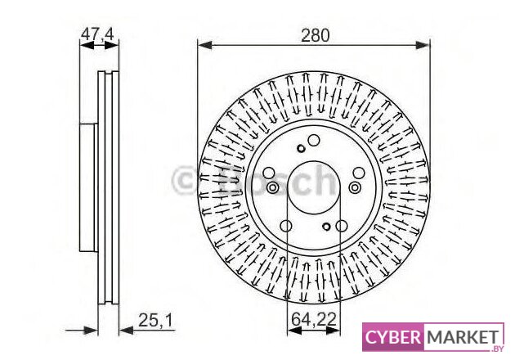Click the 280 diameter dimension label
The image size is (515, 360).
pyautogui.click(x=315, y=35)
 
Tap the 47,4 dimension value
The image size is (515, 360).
pyautogui.click(x=97, y=34)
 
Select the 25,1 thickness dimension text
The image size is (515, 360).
pyautogui.click(x=155, y=320)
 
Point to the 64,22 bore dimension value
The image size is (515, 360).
pyautogui.click(x=314, y=319)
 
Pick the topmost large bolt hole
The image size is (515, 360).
pyautogui.click(x=314, y=141)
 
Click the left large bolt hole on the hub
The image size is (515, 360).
pyautogui.click(x=269, y=173)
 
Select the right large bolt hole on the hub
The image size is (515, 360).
pyautogui.click(x=359, y=173)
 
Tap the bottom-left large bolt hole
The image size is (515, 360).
pyautogui.click(x=286, y=226)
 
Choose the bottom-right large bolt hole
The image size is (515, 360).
pyautogui.click(x=341, y=226)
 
